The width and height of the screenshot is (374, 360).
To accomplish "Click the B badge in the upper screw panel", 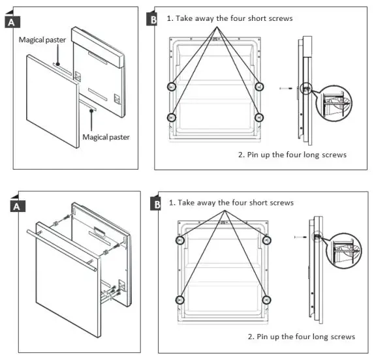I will (x=153, y=20).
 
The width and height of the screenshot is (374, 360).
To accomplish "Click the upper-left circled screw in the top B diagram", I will (x=172, y=86).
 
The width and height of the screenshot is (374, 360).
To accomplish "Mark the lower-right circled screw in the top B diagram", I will (x=259, y=117).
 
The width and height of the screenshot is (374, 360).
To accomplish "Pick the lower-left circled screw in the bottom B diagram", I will (x=179, y=299).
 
